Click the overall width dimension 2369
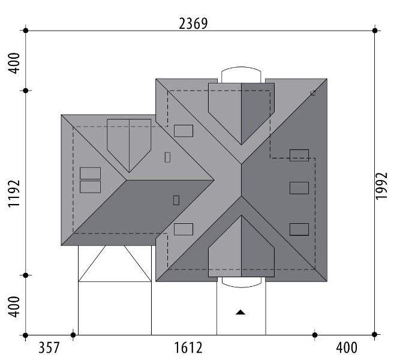pos(193,24)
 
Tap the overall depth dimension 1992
pos(381,186)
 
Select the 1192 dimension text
pos(14,193)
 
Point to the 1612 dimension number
pos(188,348)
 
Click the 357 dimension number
pos(49,348)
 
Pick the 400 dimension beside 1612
pos(347,348)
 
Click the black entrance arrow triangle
pos(240,312)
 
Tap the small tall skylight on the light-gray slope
pos(167,157)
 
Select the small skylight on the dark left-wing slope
pos(176,200)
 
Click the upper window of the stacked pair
pos(90,173)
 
